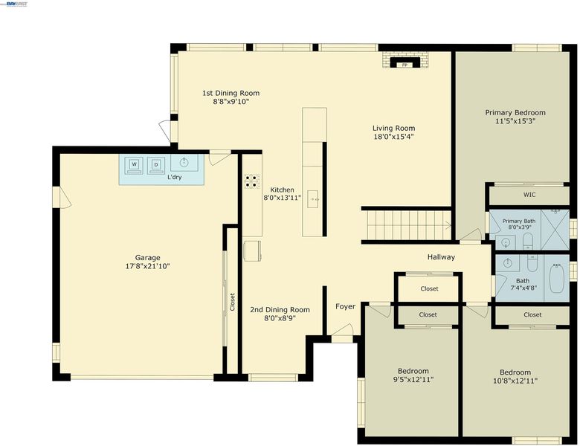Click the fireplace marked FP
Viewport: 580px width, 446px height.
[405, 60]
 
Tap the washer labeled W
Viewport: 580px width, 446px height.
[135, 165]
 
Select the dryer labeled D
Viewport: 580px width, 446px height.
[156, 165]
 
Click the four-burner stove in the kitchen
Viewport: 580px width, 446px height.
[252, 181]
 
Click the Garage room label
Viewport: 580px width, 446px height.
[147, 258]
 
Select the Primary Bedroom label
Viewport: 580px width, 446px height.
[515, 112]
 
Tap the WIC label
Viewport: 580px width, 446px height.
[529, 195]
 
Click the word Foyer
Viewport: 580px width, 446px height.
[346, 306]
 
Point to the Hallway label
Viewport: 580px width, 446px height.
[441, 256]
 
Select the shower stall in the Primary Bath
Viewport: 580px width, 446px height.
[555, 229]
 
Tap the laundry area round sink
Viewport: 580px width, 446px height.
[184, 161]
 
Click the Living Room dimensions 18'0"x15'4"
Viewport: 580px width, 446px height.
[393, 137]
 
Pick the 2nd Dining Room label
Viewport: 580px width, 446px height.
[280, 310]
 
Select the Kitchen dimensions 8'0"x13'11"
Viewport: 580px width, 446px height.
[282, 198]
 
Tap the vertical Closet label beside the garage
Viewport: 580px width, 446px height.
[232, 302]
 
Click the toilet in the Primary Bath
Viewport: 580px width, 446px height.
[527, 242]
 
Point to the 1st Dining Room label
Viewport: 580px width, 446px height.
[231, 93]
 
